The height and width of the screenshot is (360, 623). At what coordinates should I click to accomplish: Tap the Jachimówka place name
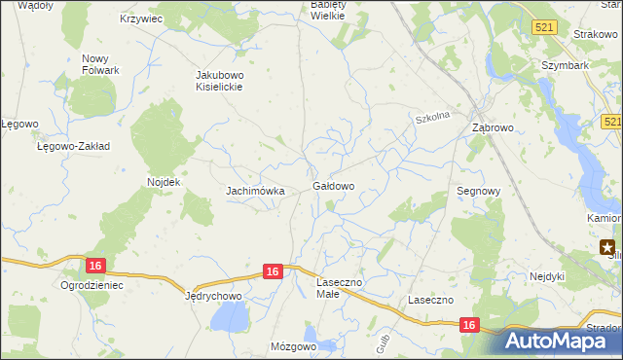(255, 191)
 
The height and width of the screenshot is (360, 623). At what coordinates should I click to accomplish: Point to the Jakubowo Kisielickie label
(218, 80)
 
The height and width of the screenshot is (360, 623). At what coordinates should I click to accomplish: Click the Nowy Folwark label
(100, 64)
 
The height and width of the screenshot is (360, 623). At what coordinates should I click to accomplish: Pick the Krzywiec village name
(141, 18)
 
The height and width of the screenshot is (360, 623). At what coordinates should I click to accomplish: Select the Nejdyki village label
(547, 275)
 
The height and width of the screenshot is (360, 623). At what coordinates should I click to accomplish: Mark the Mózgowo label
(295, 346)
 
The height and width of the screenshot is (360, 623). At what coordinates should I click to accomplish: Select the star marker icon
(608, 247)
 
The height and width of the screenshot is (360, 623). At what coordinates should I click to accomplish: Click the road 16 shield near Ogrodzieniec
(94, 265)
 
